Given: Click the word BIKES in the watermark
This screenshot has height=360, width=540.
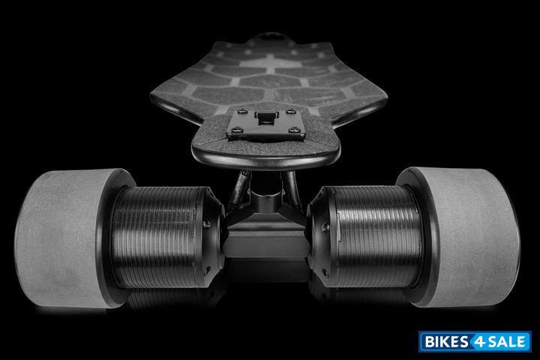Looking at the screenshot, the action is (x=446, y=342).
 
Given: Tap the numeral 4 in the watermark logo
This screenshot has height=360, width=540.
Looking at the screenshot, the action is (x=479, y=342).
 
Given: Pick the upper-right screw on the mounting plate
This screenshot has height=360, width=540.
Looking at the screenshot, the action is (x=291, y=111).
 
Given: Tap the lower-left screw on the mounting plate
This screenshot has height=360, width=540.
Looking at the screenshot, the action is (x=236, y=130).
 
